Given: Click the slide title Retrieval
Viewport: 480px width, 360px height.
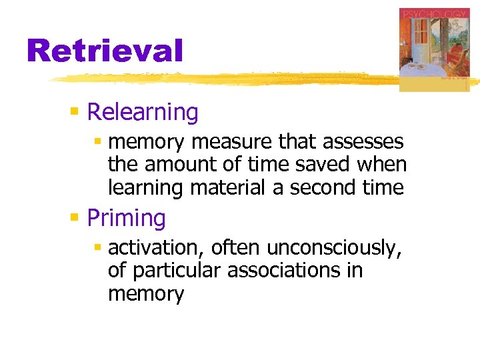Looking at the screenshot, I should click(x=105, y=51).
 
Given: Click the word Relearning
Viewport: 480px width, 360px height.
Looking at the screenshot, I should click(x=143, y=112).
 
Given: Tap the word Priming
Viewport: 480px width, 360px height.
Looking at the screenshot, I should click(x=127, y=218).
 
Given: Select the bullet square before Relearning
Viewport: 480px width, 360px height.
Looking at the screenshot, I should click(x=75, y=111).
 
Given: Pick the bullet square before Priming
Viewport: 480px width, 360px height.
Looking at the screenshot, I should click(x=75, y=217).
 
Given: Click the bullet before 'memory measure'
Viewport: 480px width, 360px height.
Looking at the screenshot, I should click(x=97, y=141).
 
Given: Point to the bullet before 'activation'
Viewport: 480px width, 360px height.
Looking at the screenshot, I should click(x=97, y=247).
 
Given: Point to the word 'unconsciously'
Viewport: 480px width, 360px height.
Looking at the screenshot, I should click(x=333, y=248).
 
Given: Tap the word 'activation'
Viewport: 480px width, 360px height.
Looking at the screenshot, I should click(x=157, y=248).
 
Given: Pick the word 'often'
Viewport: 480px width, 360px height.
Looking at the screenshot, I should click(x=237, y=248).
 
